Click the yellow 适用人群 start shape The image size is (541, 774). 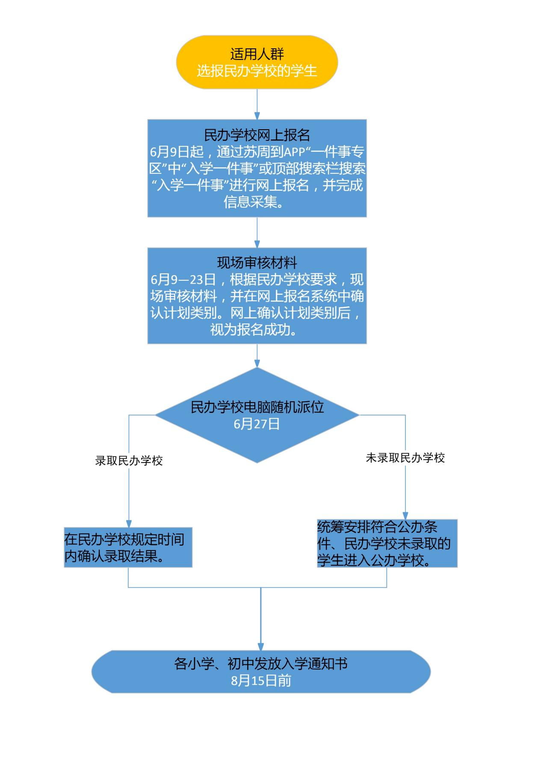click(257, 62)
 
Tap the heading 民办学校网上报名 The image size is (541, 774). click(257, 135)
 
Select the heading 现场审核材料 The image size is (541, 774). click(257, 263)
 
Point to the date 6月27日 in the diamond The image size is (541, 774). click(257, 424)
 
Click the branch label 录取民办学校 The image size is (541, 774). click(129, 461)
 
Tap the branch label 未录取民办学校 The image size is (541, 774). click(405, 458)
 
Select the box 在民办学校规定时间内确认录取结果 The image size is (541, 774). click(128, 547)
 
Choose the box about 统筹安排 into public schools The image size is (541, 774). click(387, 543)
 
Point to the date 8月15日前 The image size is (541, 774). click(261, 680)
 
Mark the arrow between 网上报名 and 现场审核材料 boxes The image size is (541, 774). click(257, 232)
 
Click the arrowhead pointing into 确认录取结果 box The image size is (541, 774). click(129, 524)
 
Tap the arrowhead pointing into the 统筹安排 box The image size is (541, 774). click(405, 516)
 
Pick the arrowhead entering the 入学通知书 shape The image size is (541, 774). click(261, 646)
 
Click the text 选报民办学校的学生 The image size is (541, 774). click(257, 71)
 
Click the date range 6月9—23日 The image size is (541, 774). click(183, 279)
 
